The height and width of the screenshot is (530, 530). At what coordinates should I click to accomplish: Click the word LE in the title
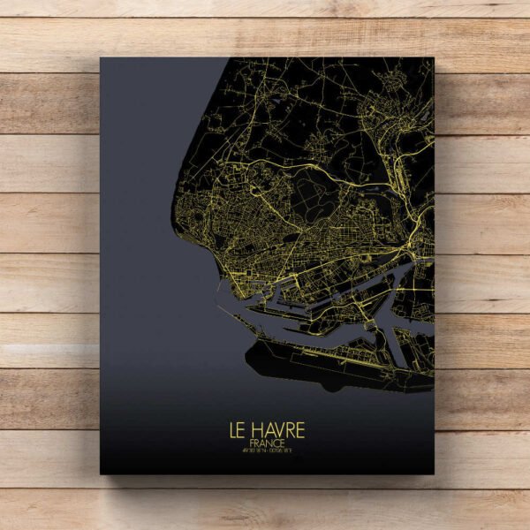pos(238,430)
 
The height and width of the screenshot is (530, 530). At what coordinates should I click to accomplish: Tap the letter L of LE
pos(233,430)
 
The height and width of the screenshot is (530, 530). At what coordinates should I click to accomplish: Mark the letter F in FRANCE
pos(253,443)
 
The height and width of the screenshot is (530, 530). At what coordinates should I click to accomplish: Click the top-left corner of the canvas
pos(100,58)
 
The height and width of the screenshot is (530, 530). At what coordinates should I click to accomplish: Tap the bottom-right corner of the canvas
pos(432,474)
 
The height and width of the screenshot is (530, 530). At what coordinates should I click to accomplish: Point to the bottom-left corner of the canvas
pos(100,474)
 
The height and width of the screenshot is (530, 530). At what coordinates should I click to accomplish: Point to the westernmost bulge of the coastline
pos(178,212)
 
